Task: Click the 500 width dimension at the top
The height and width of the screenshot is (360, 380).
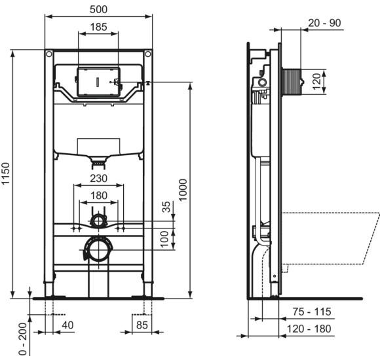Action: (98, 9)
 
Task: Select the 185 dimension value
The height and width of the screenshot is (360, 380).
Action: (98, 27)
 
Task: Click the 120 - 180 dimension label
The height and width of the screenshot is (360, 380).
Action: (313, 329)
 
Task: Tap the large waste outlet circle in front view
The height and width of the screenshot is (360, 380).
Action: (98, 249)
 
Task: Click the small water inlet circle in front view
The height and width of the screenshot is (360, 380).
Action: (98, 219)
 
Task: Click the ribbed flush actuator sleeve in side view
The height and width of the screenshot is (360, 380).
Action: (291, 82)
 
